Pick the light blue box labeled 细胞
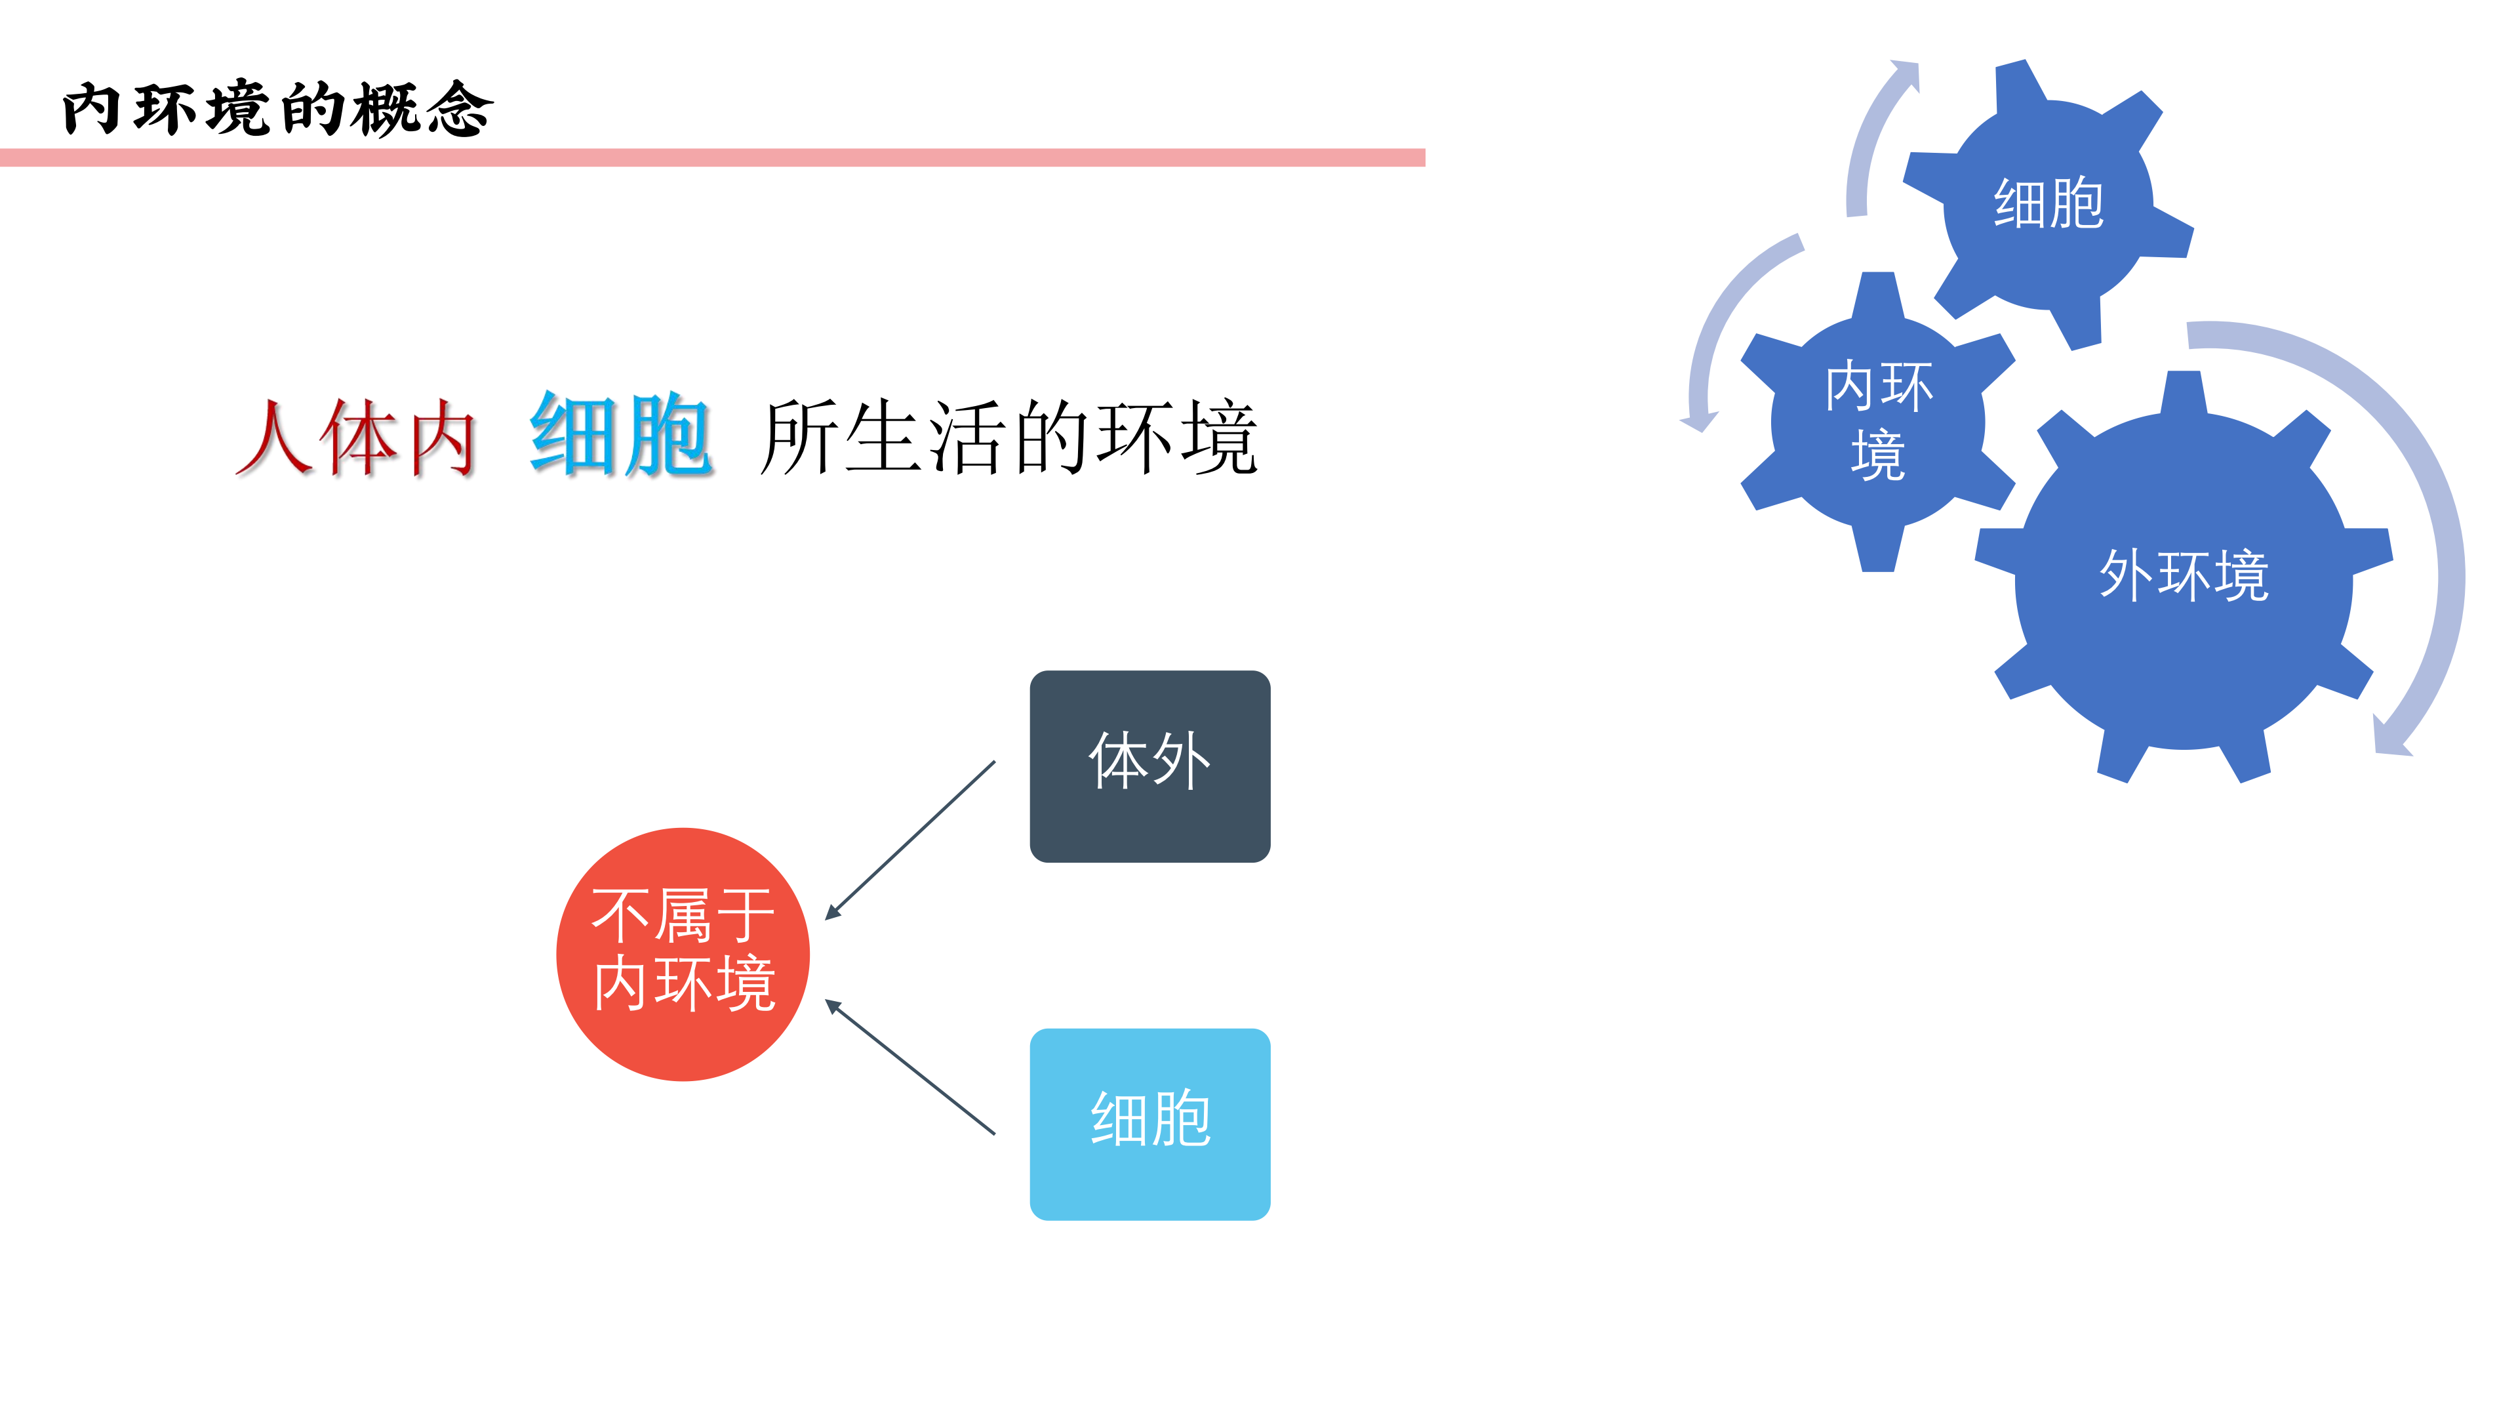click(1149, 1124)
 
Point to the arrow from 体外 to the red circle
click(910, 840)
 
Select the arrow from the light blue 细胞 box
click(910, 1066)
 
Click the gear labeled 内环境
click(1878, 421)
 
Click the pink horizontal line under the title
click(713, 157)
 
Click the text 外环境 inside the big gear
click(2184, 575)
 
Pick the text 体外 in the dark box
click(1149, 760)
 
